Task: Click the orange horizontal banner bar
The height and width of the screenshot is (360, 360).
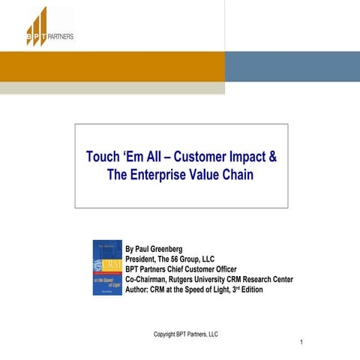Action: point(112,66)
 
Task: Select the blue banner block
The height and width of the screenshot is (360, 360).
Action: point(292,66)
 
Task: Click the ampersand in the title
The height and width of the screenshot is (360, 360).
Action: point(272,158)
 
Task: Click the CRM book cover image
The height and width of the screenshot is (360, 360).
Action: point(106,267)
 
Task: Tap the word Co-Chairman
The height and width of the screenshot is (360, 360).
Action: point(148,279)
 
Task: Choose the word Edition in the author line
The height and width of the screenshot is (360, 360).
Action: point(250,289)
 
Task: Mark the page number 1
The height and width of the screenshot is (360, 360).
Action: point(301,343)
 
